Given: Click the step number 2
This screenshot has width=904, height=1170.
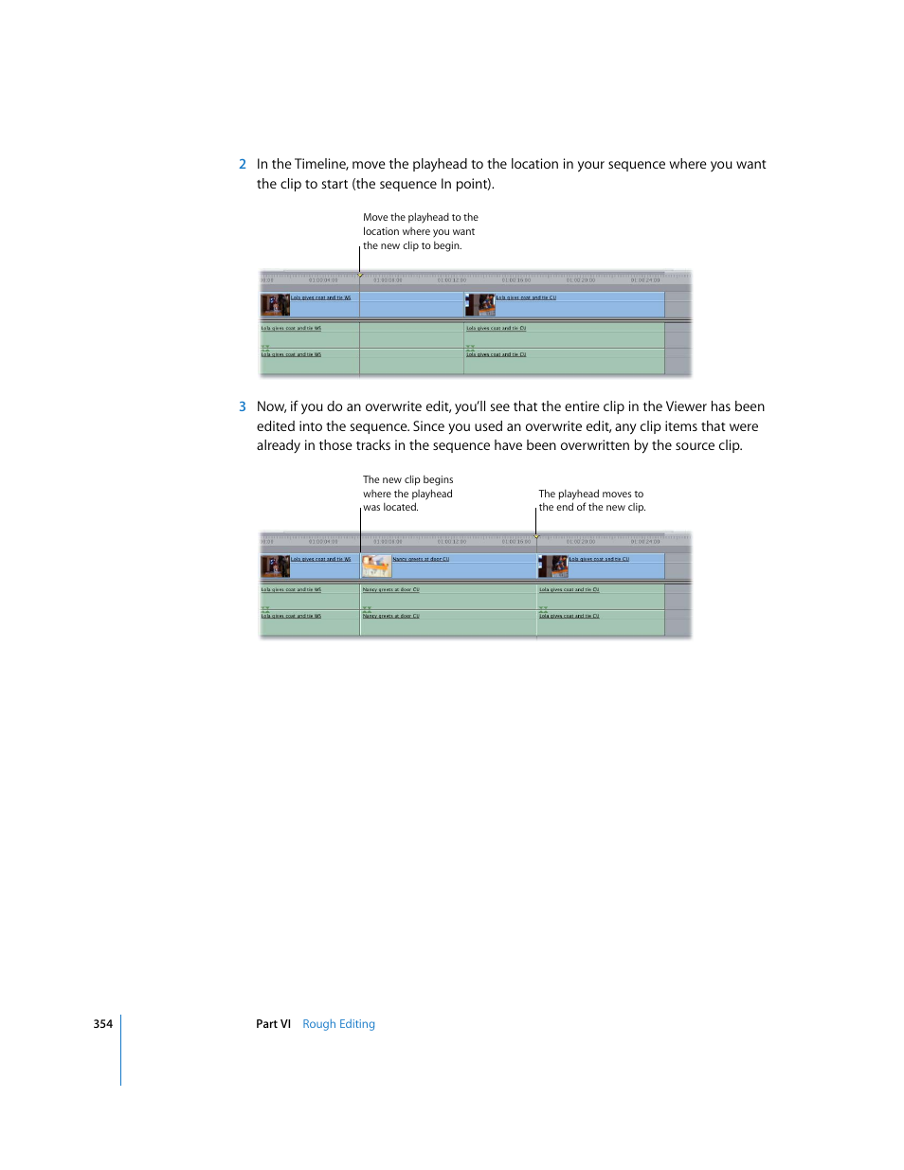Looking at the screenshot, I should click(243, 165).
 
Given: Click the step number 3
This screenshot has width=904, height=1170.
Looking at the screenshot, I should click(243, 407).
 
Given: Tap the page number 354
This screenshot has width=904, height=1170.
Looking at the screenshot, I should click(102, 1024).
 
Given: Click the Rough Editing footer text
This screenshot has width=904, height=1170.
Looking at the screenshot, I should click(338, 1024).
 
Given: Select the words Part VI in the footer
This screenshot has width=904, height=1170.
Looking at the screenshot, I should click(273, 1024).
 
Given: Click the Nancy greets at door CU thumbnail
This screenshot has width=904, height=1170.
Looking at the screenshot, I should click(376, 567).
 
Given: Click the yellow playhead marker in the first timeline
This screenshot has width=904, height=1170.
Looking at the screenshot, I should click(360, 276).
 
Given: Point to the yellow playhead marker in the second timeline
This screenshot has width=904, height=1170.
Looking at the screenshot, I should click(536, 537).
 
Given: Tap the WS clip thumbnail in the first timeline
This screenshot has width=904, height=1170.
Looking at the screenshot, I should click(275, 304).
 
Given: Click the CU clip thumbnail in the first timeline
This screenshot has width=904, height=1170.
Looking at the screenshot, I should click(480, 304).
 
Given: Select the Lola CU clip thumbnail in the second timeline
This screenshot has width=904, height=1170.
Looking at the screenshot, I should click(553, 567).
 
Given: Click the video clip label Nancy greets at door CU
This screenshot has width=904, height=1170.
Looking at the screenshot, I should click(421, 559).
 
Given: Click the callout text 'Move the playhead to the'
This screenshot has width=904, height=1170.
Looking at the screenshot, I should click(420, 218).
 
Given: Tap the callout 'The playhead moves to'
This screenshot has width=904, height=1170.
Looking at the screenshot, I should click(590, 495).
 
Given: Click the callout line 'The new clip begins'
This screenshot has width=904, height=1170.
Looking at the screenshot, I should click(407, 480).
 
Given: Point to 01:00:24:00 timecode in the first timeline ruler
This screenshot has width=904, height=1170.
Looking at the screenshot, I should click(645, 280).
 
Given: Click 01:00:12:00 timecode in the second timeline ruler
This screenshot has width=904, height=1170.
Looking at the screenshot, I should click(452, 542).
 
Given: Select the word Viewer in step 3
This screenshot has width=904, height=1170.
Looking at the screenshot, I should click(685, 407).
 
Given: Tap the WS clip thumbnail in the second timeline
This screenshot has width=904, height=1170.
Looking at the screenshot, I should click(275, 567).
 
